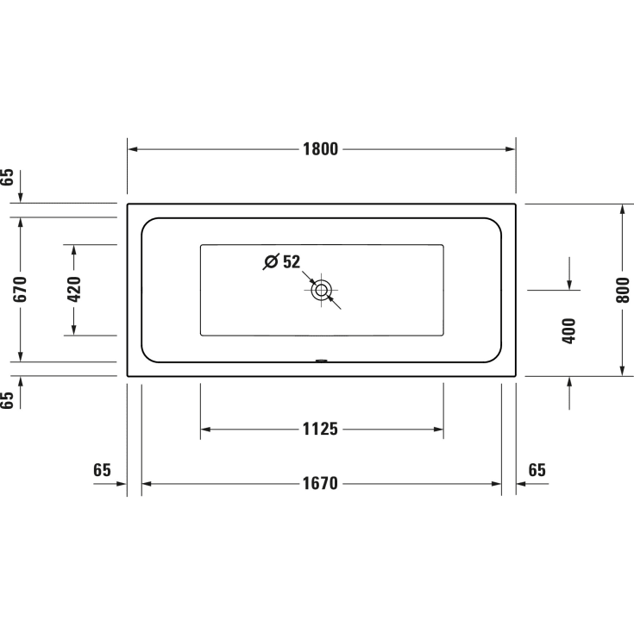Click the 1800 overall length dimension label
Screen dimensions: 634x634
321,148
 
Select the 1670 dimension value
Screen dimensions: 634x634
321,484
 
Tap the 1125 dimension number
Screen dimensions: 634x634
321,429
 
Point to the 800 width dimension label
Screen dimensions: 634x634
624,290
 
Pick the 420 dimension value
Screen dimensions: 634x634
74,290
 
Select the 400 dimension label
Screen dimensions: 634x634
568,330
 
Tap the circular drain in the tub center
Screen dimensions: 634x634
322,290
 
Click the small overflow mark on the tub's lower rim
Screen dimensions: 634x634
322,361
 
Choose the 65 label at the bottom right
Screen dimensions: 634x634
537,470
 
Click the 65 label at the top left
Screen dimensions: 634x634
8,179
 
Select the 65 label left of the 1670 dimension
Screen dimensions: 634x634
102,470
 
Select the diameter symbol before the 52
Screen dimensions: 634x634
270,261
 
